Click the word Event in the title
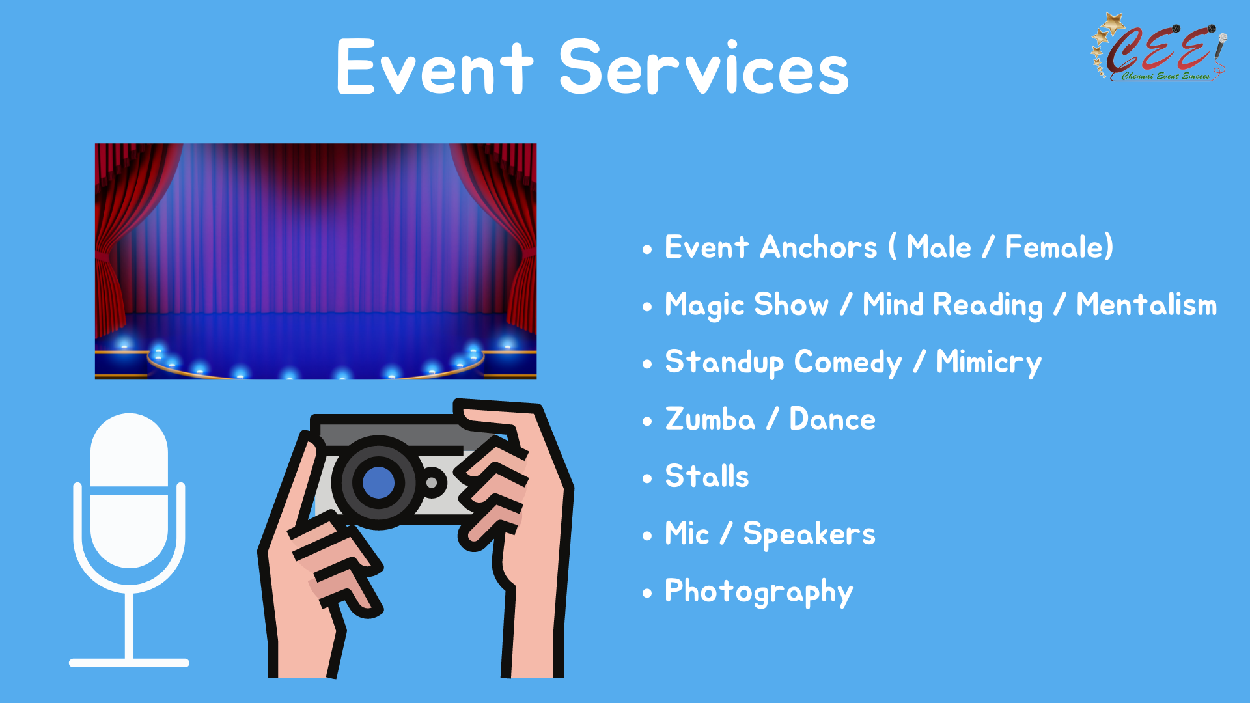[435, 66]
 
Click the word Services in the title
[704, 66]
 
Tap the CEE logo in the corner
[1160, 47]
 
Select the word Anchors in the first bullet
[819, 247]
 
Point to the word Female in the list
[1054, 247]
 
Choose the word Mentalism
[1146, 305]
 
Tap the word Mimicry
[988, 363]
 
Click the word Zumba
[710, 419]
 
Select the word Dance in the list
[832, 419]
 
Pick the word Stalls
[707, 476]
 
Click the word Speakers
[809, 534]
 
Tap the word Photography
[758, 592]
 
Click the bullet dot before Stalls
[647, 479]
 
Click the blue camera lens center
[378, 482]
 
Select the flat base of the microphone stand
[129, 663]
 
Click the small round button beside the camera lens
[431, 483]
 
